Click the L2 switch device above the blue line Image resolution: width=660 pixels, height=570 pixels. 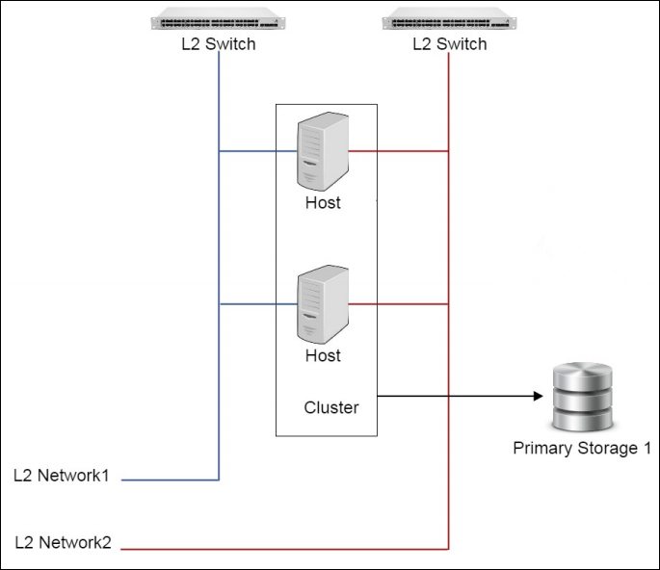coord(219,21)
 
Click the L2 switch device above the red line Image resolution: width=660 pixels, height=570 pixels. coord(449,21)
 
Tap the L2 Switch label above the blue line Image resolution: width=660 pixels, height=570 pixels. coord(219,44)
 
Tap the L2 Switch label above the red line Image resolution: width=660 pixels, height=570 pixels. coord(449,44)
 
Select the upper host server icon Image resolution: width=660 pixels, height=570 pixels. coord(321,151)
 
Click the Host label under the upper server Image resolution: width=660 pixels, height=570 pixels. coord(323,203)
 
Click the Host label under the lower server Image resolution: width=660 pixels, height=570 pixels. coord(323,355)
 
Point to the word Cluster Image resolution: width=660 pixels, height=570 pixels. coord(331,407)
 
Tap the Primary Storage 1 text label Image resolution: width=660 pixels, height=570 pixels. coord(582,449)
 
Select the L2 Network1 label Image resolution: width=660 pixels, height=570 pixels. coord(63,475)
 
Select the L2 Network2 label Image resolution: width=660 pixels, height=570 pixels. coord(63,543)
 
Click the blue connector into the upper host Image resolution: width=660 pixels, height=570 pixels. coord(258,151)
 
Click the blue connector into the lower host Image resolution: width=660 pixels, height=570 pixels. coord(258,304)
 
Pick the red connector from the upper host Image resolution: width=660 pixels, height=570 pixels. coord(397,151)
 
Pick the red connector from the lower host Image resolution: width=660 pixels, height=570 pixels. coord(397,304)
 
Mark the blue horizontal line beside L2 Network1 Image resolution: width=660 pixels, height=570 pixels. coord(172,479)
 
